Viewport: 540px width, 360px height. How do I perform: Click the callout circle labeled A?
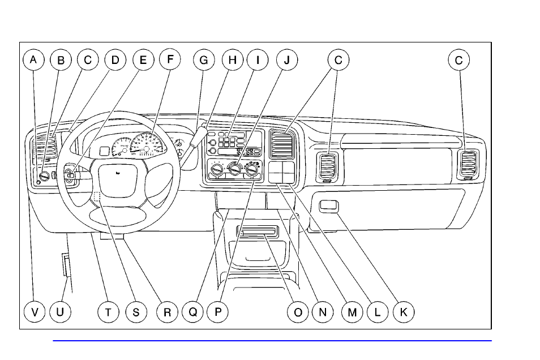point(34,59)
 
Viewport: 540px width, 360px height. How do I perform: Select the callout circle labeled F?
point(169,59)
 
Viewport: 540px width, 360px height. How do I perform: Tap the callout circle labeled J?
point(286,59)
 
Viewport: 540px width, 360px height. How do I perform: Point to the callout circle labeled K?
point(403,311)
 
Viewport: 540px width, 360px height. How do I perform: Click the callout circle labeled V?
point(34,311)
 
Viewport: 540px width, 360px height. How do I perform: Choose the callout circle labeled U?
point(60,311)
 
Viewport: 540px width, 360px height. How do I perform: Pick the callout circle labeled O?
point(298,311)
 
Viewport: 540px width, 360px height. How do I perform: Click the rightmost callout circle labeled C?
point(458,59)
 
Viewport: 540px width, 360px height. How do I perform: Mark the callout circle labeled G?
point(204,59)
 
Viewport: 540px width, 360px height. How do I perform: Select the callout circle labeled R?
point(167,311)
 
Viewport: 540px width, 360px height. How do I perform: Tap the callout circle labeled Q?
point(192,311)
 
